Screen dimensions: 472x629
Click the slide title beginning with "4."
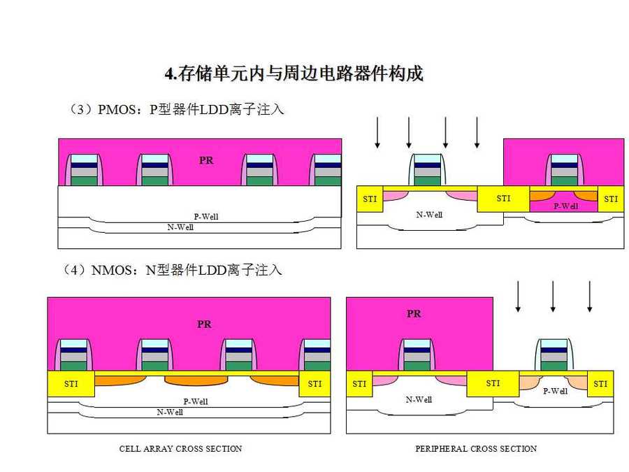(x=294, y=73)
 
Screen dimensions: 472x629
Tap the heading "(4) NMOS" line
(x=175, y=270)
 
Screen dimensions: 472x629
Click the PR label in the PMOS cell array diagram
(x=206, y=160)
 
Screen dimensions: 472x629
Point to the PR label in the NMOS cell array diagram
(x=204, y=324)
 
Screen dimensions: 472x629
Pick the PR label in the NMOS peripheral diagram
(x=414, y=314)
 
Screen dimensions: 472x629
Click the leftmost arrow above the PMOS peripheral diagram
(x=377, y=133)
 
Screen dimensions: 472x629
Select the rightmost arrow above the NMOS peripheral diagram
(x=589, y=296)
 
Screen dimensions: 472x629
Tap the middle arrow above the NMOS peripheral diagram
(x=553, y=296)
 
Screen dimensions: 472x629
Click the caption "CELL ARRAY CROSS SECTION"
(x=180, y=449)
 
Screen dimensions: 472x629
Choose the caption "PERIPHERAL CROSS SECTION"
(x=476, y=449)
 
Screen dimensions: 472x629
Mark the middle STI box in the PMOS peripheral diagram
(x=503, y=199)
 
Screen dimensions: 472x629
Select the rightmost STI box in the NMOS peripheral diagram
(x=600, y=384)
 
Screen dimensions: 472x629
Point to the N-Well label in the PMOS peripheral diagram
(x=429, y=215)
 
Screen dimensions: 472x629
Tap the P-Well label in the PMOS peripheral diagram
(x=565, y=206)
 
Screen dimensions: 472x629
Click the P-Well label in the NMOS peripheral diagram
(x=555, y=391)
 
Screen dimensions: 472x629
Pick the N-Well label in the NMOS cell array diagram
(x=170, y=413)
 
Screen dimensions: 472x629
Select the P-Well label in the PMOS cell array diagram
(x=205, y=217)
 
